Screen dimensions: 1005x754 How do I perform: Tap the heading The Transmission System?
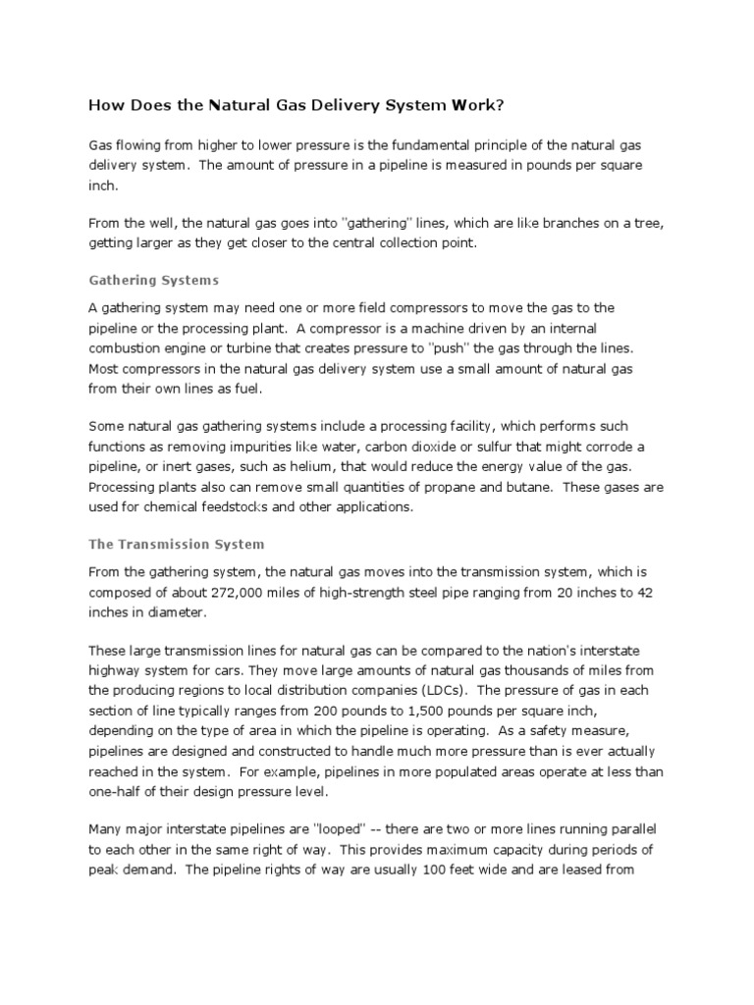pos(177,543)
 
